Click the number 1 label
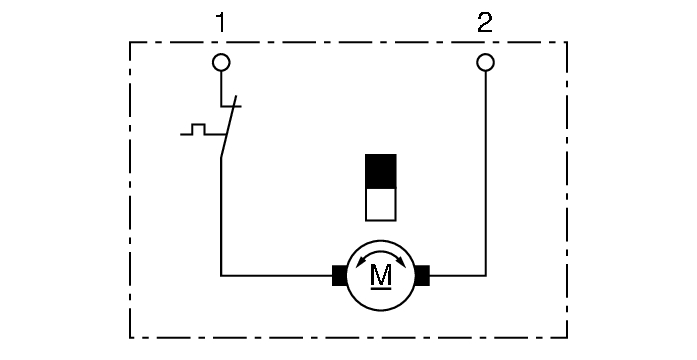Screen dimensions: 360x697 tap(222, 22)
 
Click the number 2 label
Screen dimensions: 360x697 tap(485, 22)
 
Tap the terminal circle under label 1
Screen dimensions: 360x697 tap(222, 63)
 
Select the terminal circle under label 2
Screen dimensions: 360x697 tap(485, 63)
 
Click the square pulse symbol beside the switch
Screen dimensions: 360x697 tap(197, 130)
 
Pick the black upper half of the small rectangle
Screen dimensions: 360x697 tap(381, 170)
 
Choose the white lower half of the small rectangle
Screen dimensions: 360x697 tap(381, 204)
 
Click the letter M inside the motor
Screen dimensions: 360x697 tap(381, 272)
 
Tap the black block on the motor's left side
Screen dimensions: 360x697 tap(339, 274)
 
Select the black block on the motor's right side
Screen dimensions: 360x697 tap(422, 274)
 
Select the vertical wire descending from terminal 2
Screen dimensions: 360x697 tap(485, 170)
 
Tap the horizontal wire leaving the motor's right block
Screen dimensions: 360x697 tap(457, 274)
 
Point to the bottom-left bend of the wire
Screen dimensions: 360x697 tap(221, 274)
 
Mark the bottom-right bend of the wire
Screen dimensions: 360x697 tap(485, 274)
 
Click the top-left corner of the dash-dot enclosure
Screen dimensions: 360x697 tap(130, 42)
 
